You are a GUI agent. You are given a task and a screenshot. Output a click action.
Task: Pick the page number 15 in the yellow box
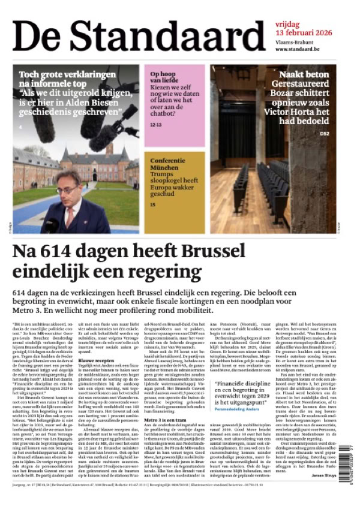click(152, 206)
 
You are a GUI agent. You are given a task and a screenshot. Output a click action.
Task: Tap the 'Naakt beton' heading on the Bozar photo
click(316, 75)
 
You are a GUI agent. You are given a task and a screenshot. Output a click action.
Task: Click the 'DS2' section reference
click(341, 133)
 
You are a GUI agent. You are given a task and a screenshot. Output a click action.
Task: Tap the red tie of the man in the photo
click(68, 216)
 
